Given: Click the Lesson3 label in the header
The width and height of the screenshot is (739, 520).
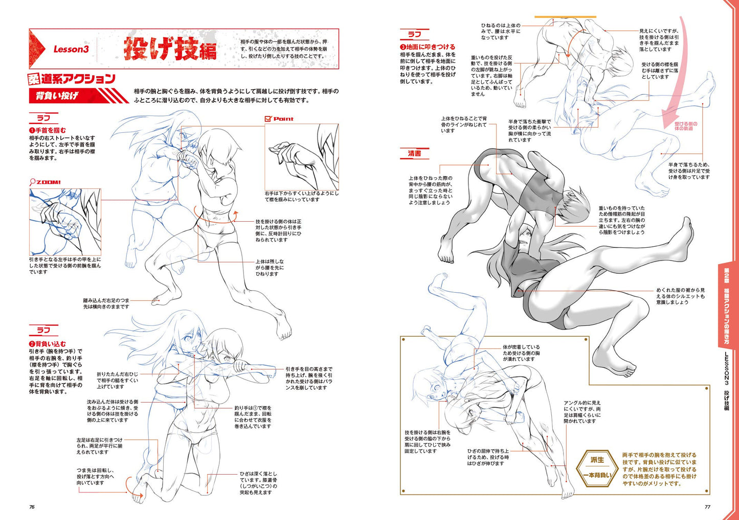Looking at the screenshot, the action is pyautogui.click(x=71, y=49).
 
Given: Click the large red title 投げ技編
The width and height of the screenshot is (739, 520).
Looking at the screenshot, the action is pyautogui.click(x=170, y=49).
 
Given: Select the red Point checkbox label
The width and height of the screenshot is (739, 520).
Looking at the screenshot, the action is pyautogui.click(x=279, y=119).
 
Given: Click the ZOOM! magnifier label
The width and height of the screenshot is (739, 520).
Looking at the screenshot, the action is pyautogui.click(x=45, y=182).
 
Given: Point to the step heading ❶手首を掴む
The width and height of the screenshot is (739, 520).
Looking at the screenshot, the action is pyautogui.click(x=48, y=130).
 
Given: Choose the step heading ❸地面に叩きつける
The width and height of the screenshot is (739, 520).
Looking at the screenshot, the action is pyautogui.click(x=428, y=47).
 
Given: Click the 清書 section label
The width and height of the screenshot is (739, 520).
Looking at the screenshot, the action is pyautogui.click(x=414, y=154).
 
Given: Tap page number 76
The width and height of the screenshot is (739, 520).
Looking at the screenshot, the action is pyautogui.click(x=32, y=507).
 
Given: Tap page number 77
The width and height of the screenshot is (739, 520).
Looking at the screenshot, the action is pyautogui.click(x=707, y=507).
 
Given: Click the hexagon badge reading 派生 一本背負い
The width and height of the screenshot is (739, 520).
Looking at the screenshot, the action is pyautogui.click(x=597, y=468).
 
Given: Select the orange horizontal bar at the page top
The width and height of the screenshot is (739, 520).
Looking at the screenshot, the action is pyautogui.click(x=565, y=16).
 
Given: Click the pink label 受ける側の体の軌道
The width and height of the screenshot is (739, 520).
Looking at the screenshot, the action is pyautogui.click(x=686, y=126).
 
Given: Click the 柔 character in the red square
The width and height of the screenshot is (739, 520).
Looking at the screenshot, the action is pyautogui.click(x=34, y=79).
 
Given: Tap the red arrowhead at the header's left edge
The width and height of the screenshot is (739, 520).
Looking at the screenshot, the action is pyautogui.click(x=37, y=49).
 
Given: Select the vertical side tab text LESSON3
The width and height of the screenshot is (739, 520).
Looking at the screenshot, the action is pyautogui.click(x=726, y=369).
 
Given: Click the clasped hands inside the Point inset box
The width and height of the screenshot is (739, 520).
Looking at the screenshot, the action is pyautogui.click(x=290, y=158).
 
